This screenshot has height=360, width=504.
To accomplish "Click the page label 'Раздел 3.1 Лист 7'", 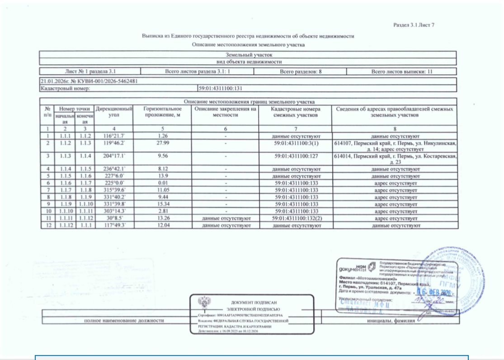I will [415, 25].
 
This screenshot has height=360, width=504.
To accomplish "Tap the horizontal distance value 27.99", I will [163, 143].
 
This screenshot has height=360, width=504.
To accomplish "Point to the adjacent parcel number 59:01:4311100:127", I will [297, 156].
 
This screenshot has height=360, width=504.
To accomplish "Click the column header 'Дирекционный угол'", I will [115, 112].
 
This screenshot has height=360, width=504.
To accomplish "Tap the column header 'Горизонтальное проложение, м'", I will [163, 112].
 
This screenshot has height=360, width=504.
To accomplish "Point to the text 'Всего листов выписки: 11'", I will [401, 71].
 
